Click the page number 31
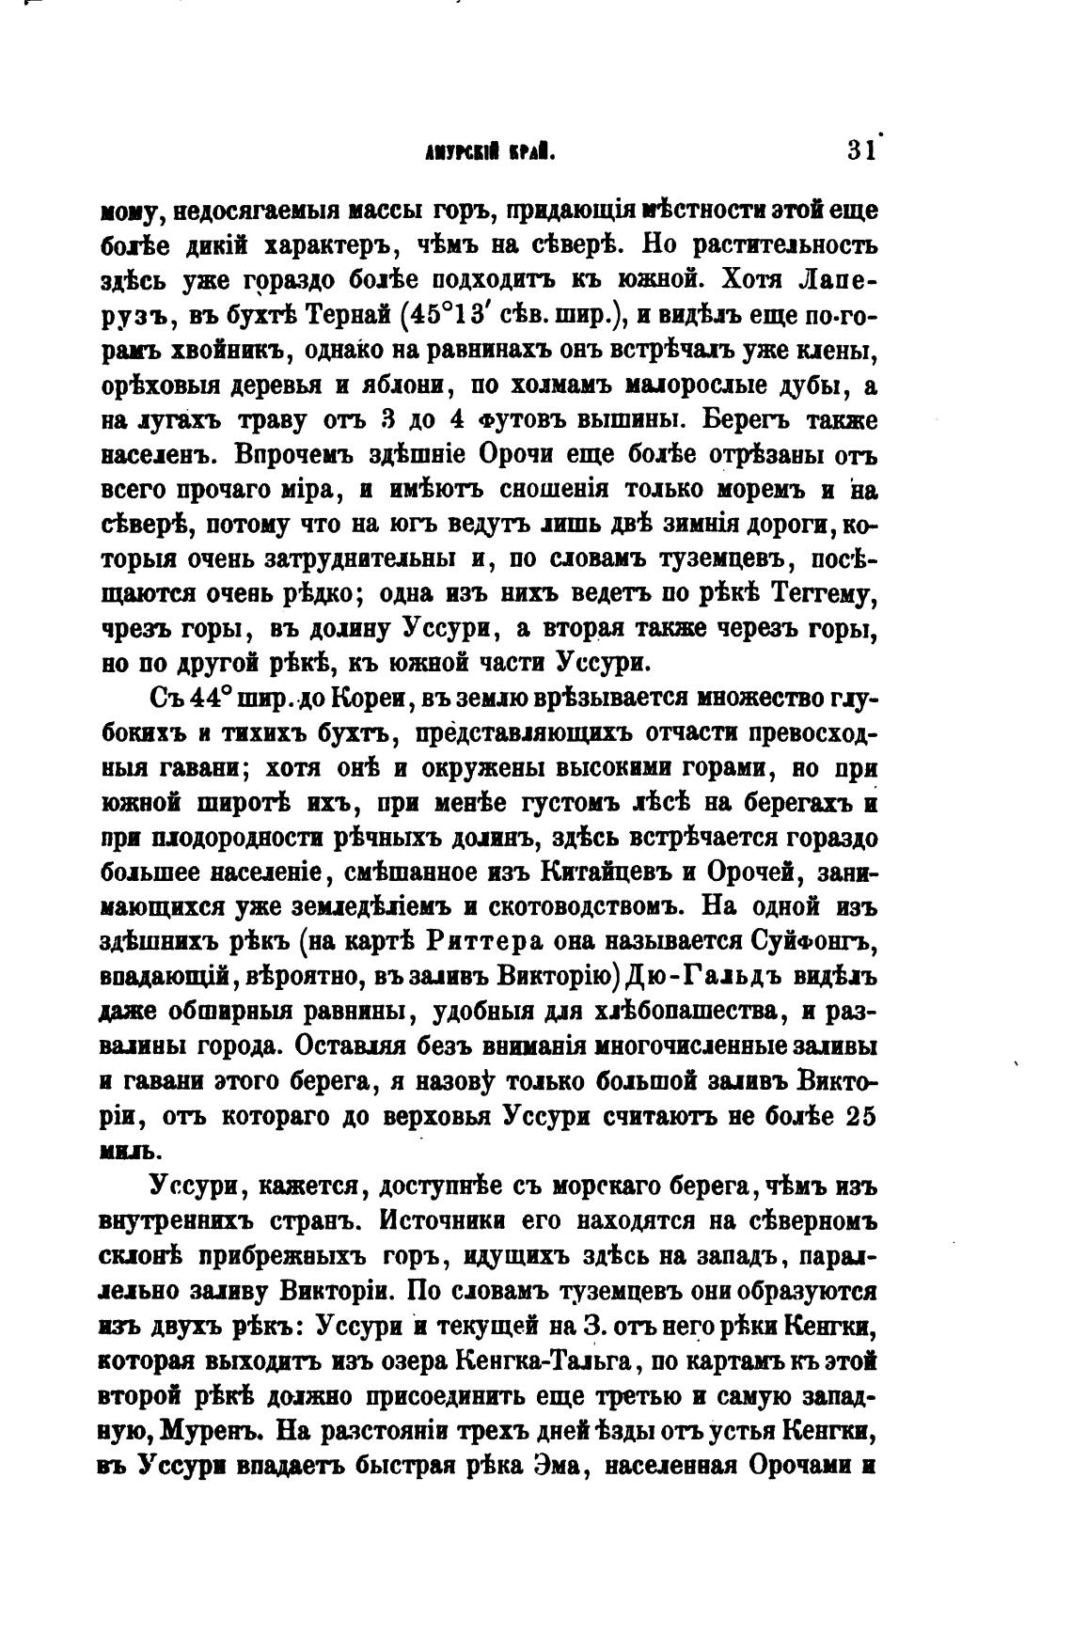(x=859, y=152)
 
